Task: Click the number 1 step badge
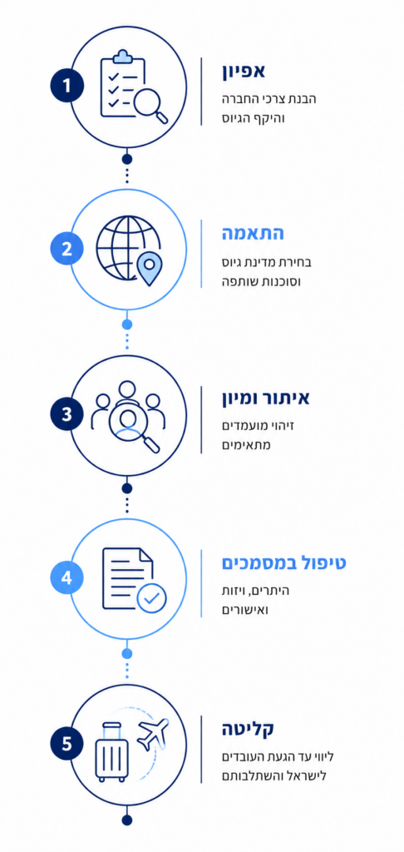[67, 86]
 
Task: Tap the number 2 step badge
[67, 250]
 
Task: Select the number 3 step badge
[67, 414]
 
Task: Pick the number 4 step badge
[67, 577]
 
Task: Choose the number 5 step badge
[67, 743]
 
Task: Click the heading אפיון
[244, 72]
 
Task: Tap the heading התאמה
[253, 234]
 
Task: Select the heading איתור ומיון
[265, 399]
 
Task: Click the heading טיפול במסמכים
[284, 563]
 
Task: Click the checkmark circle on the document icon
[151, 598]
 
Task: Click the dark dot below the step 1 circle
[127, 159]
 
